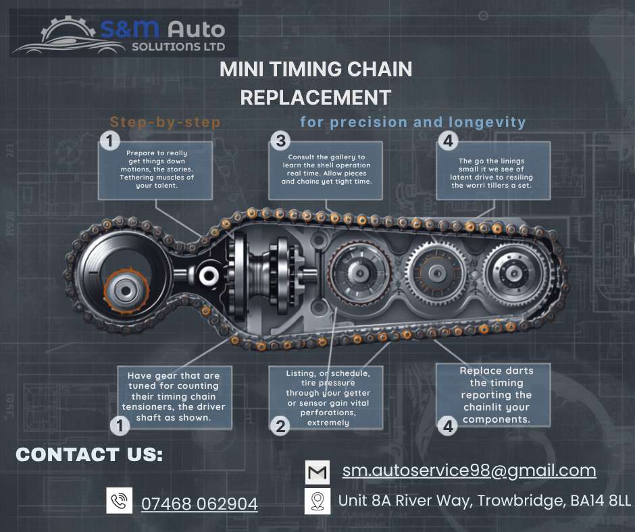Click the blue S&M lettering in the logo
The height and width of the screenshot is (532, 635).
[130, 29]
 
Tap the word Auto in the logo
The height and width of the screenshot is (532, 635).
[197, 30]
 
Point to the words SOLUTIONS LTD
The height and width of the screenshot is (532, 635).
[178, 47]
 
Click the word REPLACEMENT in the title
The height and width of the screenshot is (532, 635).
[315, 98]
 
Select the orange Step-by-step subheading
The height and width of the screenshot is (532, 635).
[166, 122]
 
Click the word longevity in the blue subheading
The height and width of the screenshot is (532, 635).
[487, 122]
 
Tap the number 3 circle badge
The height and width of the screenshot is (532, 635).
[280, 141]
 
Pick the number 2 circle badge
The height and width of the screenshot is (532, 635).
[280, 426]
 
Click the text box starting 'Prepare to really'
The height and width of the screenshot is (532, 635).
[155, 170]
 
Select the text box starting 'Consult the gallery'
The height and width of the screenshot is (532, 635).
[326, 170]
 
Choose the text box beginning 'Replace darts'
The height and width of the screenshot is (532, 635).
[493, 395]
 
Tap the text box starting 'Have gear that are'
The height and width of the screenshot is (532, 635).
[174, 397]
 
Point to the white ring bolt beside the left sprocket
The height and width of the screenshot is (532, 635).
[209, 275]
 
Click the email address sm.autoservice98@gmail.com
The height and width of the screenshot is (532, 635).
[469, 471]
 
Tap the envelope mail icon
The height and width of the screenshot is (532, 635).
[317, 472]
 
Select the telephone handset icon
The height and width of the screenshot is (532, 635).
[119, 500]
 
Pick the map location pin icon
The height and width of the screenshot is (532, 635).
[317, 501]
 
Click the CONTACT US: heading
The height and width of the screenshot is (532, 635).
[89, 454]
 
